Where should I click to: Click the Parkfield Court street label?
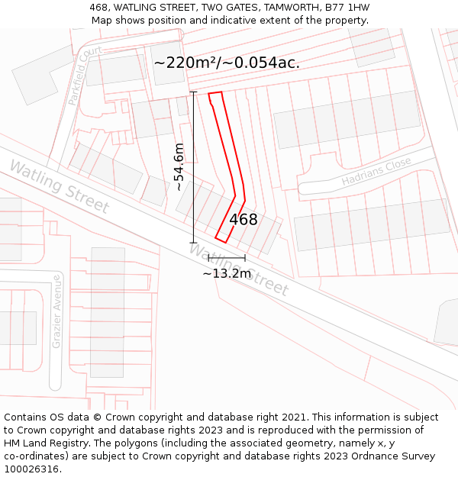pyautogui.click(x=84, y=74)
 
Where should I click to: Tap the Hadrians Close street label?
pyautogui.click(x=376, y=172)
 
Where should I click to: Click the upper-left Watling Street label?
pyautogui.click(x=59, y=186)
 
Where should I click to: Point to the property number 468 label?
pyautogui.click(x=244, y=220)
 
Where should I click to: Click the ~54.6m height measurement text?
pyautogui.click(x=179, y=167)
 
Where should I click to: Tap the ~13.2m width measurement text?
pyautogui.click(x=227, y=273)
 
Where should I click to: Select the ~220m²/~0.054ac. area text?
pyautogui.click(x=227, y=63)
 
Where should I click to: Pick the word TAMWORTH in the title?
pyautogui.click(x=282, y=8)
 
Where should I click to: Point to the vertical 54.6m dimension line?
pyautogui.click(x=194, y=167)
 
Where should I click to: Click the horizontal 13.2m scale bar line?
pyautogui.click(x=227, y=258)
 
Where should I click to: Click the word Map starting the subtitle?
pyautogui.click(x=103, y=20)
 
